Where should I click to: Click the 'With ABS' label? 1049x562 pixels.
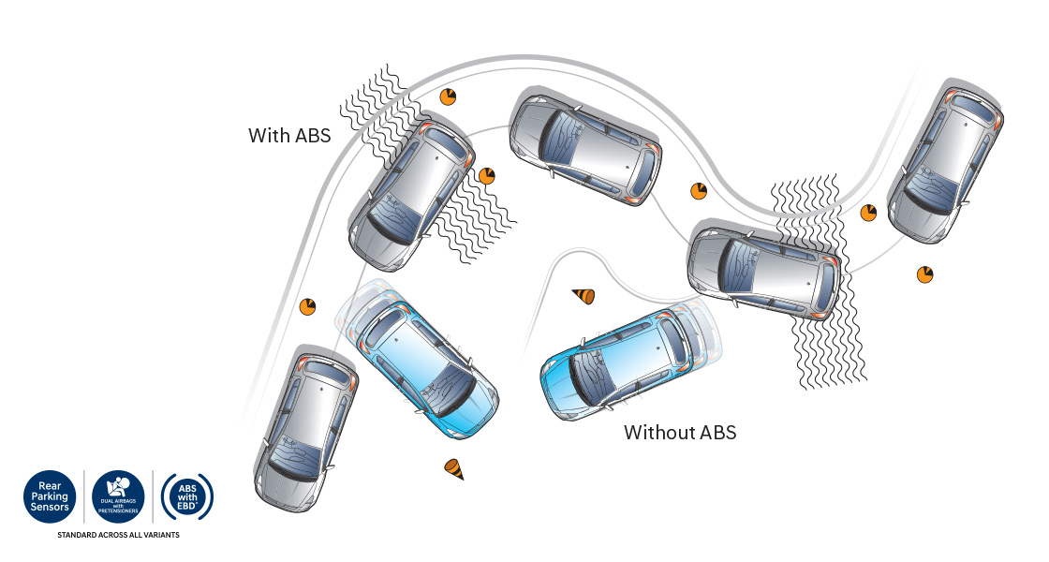(289, 135)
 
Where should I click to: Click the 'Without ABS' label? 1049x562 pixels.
(680, 433)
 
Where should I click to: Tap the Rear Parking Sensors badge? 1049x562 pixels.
(51, 495)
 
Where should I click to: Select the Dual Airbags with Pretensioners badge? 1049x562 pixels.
(118, 496)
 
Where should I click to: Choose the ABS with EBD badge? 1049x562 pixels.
(187, 495)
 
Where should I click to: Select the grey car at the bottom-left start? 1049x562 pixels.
(306, 431)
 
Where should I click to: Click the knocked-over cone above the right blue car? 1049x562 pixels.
(584, 297)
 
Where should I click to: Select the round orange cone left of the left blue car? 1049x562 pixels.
(308, 306)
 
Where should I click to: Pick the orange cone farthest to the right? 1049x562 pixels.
(925, 274)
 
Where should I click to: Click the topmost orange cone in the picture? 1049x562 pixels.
(449, 96)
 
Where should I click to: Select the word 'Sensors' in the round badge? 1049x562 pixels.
(51, 507)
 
